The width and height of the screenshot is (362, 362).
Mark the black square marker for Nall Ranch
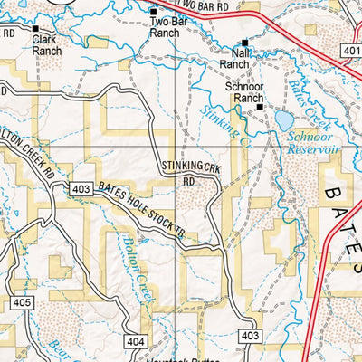tap(244, 43)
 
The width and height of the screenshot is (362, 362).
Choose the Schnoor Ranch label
tap(243, 93)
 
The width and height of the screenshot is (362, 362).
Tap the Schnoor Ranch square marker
tap(260, 107)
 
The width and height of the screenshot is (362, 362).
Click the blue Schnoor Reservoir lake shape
tap(283, 120)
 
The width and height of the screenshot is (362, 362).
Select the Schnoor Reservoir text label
tap(311, 138)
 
